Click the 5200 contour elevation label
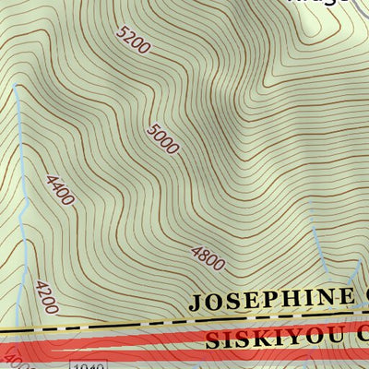(x=133, y=41)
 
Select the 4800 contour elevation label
(x=208, y=258)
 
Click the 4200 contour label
(x=46, y=296)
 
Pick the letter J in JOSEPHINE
(x=196, y=301)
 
